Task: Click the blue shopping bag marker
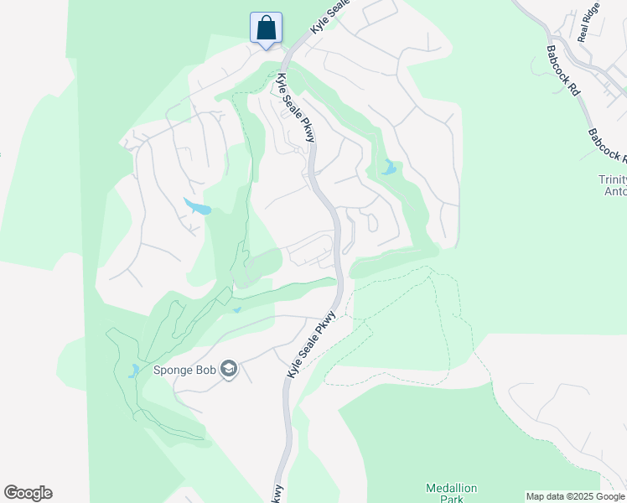pyautogui.click(x=266, y=28)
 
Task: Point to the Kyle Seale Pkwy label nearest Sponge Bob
pyautogui.click(x=311, y=344)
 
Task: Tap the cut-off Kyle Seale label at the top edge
pyautogui.click(x=329, y=17)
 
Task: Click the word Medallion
pyautogui.click(x=451, y=488)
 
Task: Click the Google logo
pyautogui.click(x=28, y=493)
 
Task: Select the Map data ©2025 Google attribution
pyautogui.click(x=575, y=496)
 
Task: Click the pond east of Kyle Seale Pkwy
pyautogui.click(x=388, y=168)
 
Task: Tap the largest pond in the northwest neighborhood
pyautogui.click(x=197, y=206)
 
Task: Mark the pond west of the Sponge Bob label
pyautogui.click(x=135, y=370)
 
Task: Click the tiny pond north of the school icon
pyautogui.click(x=237, y=311)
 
